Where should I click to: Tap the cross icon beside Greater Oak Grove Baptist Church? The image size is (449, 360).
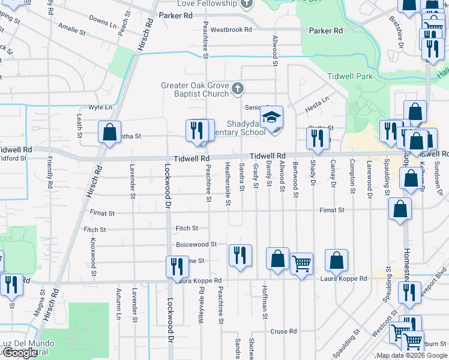(238, 89)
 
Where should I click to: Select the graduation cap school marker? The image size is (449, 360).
(271, 116)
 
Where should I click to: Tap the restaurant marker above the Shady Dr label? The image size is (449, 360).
(317, 137)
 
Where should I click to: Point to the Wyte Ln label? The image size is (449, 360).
(100, 107)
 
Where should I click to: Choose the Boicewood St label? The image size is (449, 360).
(196, 245)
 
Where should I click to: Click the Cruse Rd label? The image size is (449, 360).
(283, 331)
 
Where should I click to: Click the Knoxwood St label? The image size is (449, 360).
(93, 252)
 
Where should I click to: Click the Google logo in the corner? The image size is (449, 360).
(20, 353)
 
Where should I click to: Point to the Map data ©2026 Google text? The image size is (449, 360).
(411, 355)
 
